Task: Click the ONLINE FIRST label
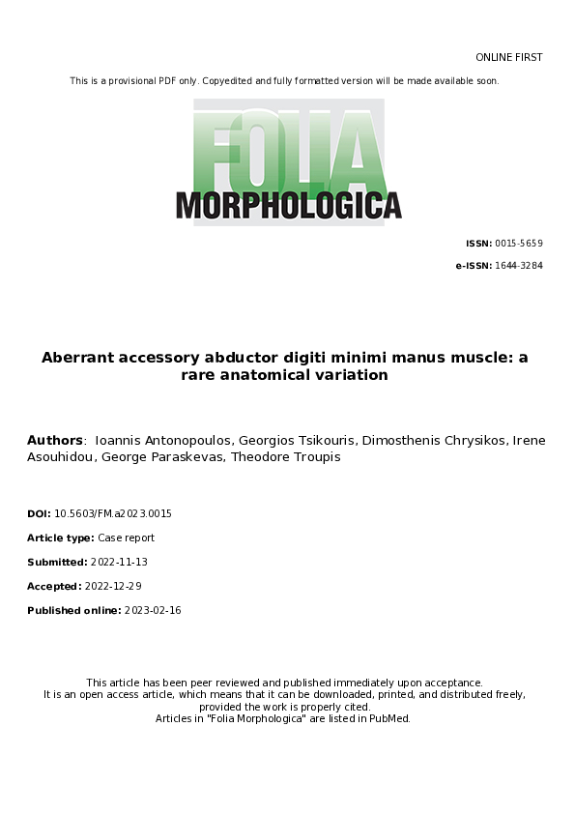coord(508,58)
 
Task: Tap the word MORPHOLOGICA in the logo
coord(288,205)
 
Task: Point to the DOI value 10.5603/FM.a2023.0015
coord(113,514)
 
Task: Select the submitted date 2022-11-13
coord(118,563)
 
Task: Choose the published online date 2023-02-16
coord(153,611)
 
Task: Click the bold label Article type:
coord(61,538)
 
